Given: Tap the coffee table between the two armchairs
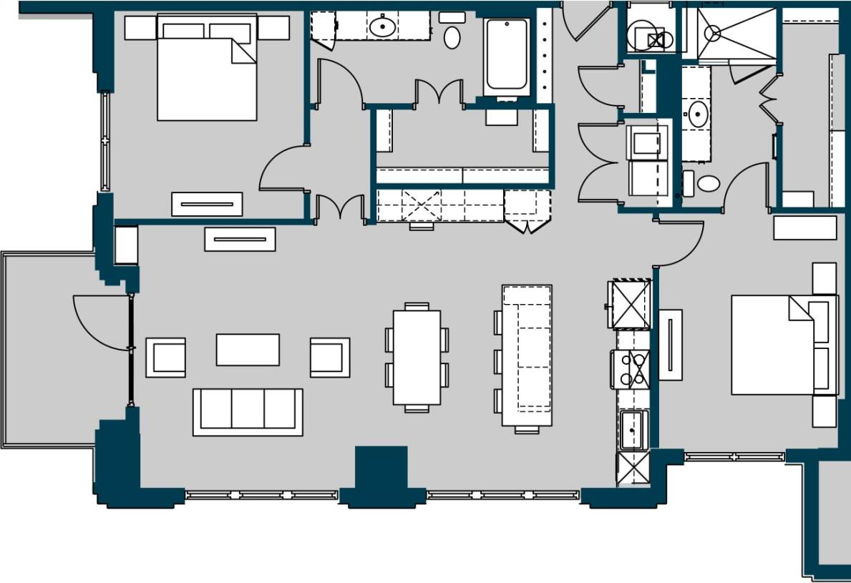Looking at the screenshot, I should [248, 349].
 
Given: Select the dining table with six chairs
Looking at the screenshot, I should [417, 357].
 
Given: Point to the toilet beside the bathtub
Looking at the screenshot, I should [452, 36].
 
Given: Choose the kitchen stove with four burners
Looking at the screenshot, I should [631, 369].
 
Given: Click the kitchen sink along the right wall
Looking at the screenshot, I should [633, 429].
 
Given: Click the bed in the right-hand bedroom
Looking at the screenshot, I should [773, 345].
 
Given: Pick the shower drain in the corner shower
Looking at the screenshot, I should [712, 32].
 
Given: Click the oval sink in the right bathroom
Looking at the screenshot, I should [699, 113].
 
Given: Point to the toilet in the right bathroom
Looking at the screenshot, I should [707, 183].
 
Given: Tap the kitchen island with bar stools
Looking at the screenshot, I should [527, 356].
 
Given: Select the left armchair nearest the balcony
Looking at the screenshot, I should [166, 357].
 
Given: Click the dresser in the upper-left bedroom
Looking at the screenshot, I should [207, 204].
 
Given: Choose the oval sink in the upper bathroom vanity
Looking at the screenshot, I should [382, 28].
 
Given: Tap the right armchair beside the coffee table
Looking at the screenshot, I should [330, 357].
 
